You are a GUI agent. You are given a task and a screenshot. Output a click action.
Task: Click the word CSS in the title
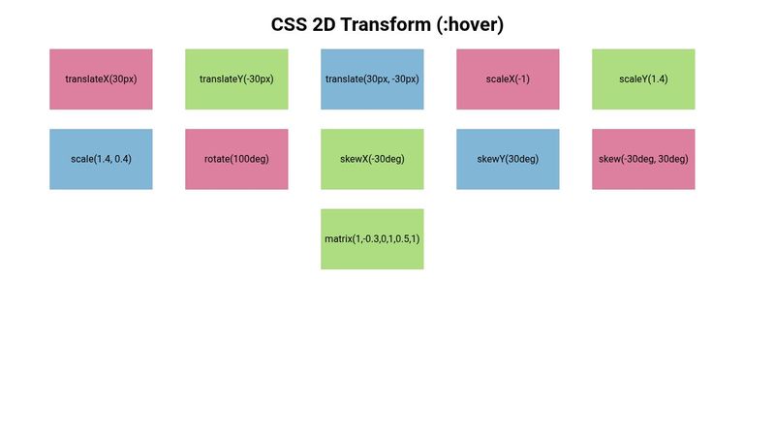coord(290,25)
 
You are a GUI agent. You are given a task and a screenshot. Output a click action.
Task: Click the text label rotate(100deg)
coord(236,159)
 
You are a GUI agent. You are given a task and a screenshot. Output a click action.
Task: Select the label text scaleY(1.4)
coord(643,79)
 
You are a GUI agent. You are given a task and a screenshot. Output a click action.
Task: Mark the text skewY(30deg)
coord(508,159)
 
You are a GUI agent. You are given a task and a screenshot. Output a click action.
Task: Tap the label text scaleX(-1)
coord(508,79)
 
